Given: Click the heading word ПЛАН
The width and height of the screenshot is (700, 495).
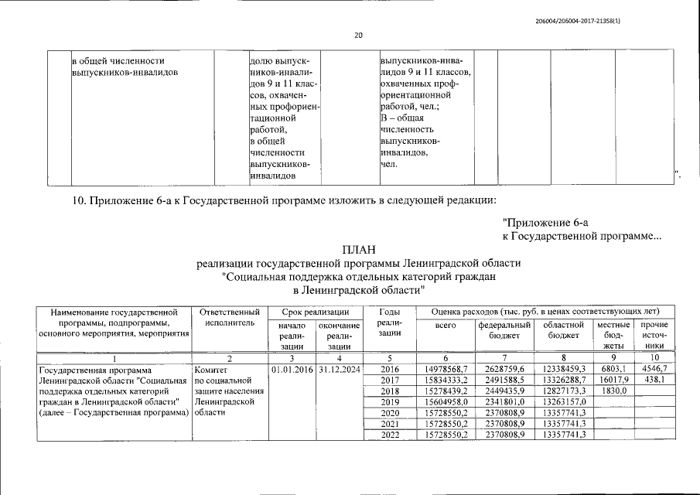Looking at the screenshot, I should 359,250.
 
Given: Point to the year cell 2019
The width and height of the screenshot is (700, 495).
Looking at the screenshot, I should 389,402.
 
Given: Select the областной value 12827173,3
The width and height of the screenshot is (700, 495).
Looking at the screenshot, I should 564,391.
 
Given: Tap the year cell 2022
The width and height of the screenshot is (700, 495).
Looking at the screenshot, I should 389,435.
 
